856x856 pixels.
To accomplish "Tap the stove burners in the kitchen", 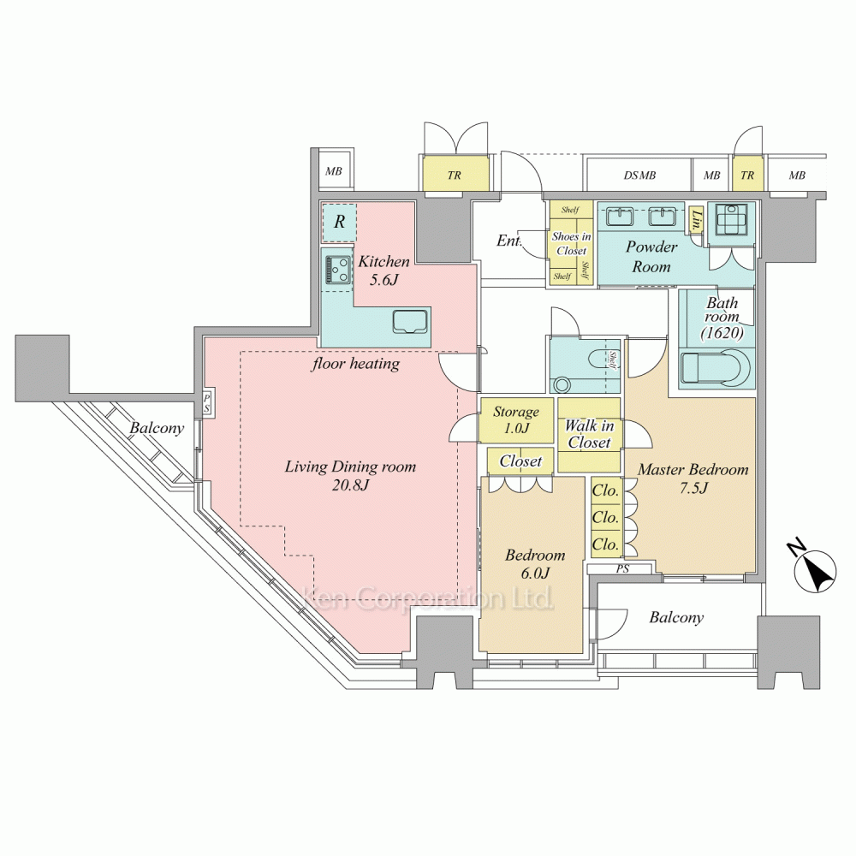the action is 338,269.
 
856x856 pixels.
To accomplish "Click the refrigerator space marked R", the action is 339,222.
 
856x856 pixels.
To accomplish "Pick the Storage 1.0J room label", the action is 516,419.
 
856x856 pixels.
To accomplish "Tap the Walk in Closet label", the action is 589,433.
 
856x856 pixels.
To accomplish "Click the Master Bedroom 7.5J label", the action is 693,479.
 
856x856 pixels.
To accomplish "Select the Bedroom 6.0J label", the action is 535,563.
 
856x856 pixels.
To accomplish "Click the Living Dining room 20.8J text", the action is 350,475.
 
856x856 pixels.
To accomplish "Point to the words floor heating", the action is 355,364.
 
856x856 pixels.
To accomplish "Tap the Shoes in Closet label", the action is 571,243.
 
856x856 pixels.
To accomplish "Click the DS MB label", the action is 639,175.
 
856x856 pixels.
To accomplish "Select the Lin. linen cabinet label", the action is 696,219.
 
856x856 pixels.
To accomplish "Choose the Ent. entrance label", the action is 508,241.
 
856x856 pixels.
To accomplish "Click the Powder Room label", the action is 651,257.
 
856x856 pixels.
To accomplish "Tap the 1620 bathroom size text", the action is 722,332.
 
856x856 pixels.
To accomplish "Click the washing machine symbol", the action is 731,221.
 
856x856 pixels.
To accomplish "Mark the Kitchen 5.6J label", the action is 383,270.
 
